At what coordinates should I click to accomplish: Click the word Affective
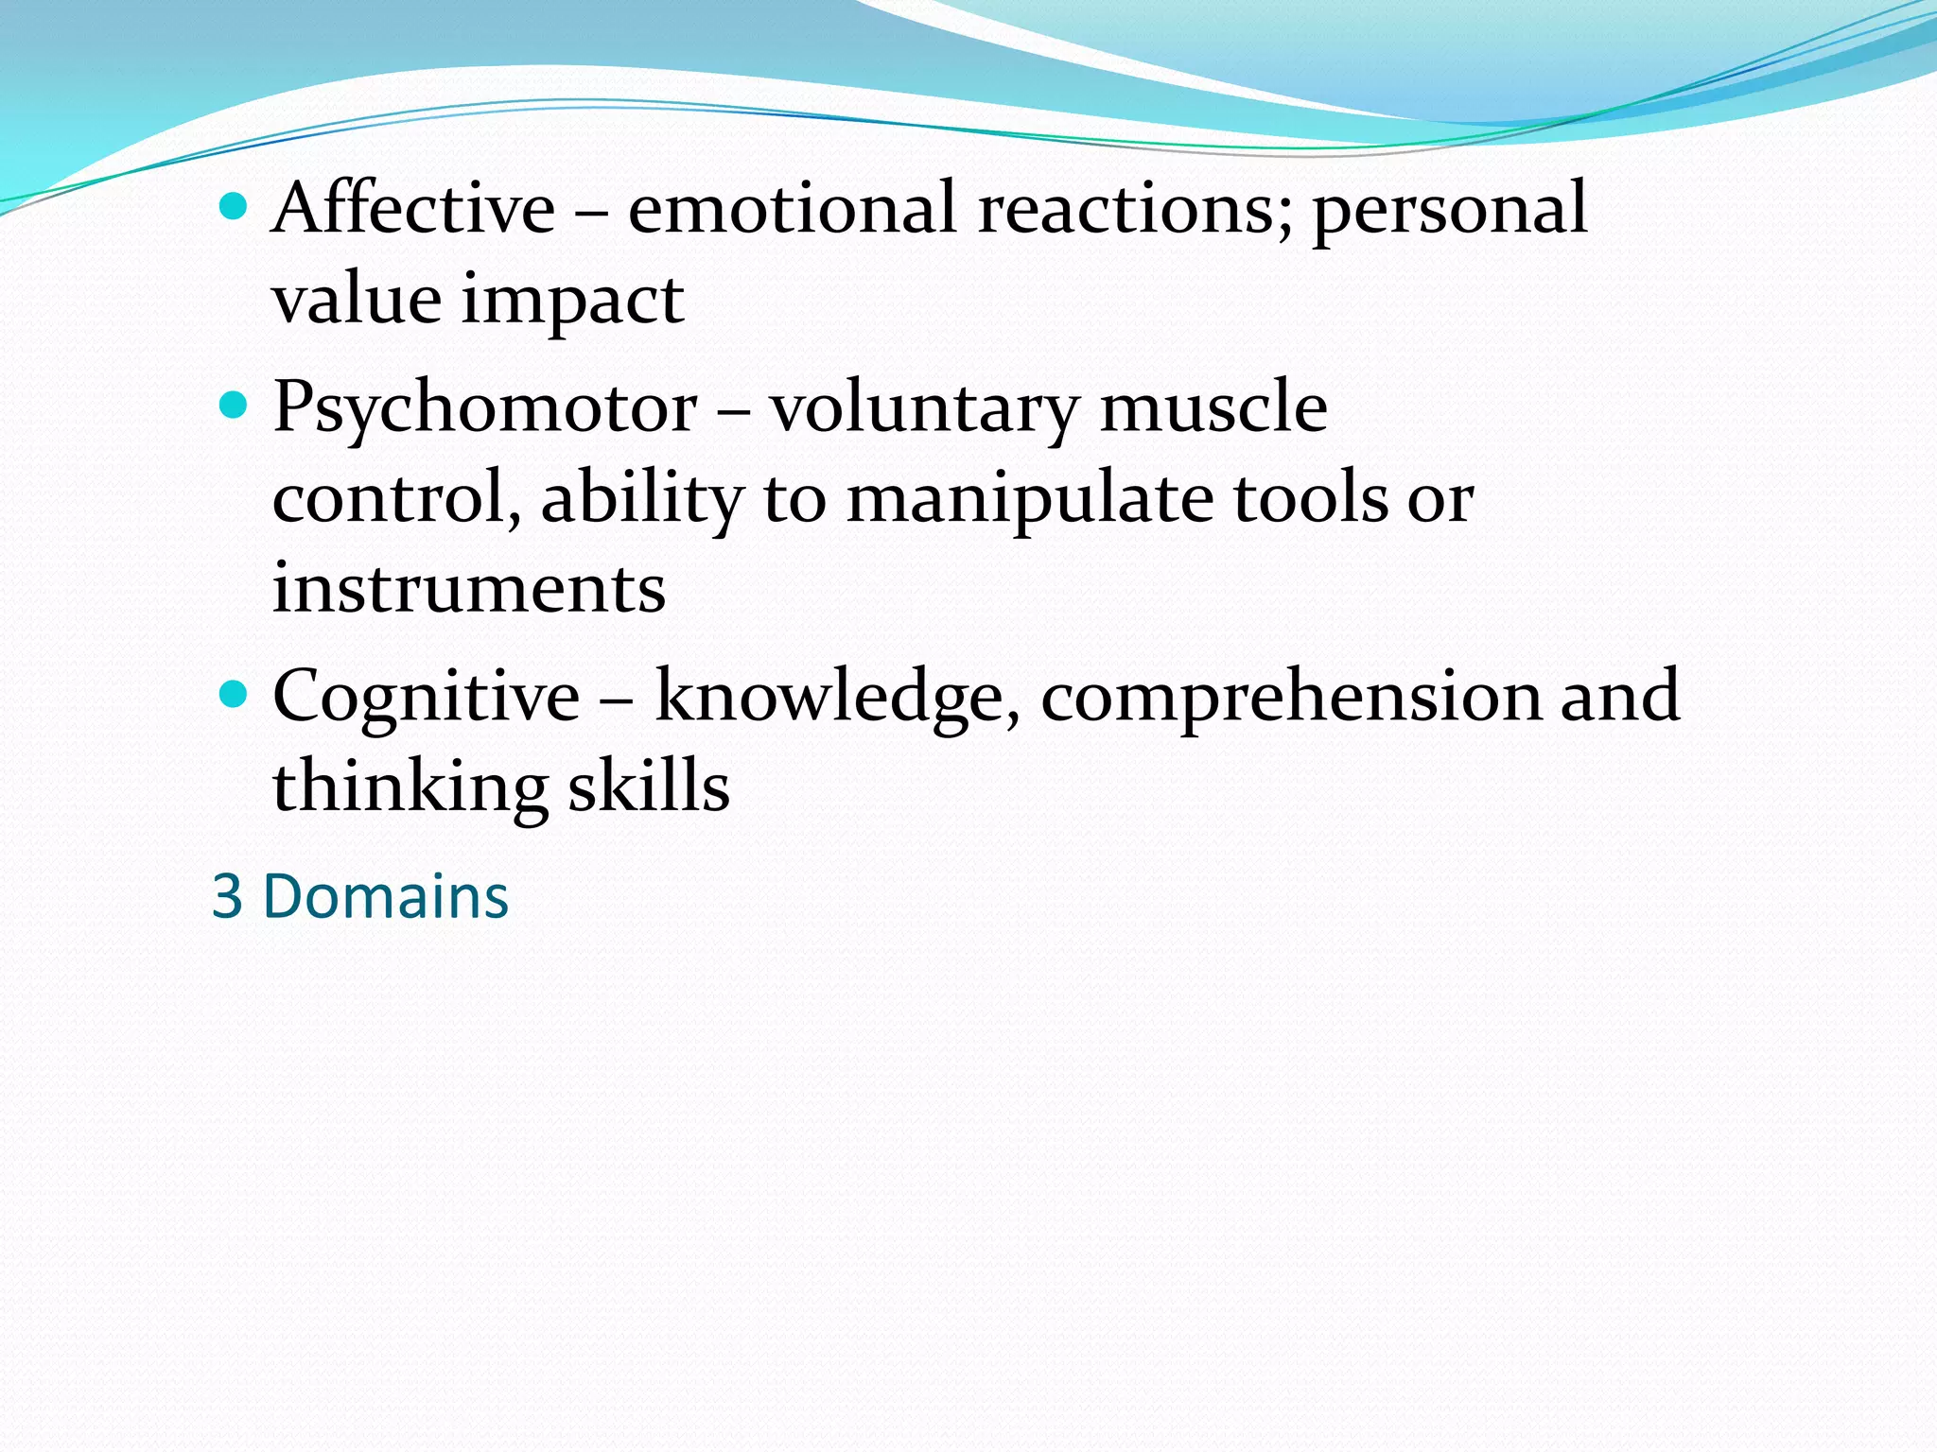[413, 208]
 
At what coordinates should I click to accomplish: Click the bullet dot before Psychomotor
[233, 406]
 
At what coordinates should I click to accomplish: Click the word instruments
[469, 589]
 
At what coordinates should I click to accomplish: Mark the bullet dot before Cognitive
[233, 695]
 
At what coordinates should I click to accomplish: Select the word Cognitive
[426, 698]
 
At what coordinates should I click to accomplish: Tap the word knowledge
[837, 698]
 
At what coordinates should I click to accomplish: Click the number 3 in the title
[228, 896]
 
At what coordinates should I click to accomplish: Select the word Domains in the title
[386, 896]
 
